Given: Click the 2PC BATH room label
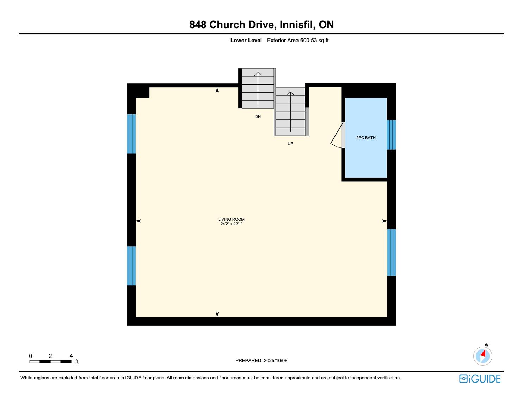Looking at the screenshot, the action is click(366, 138).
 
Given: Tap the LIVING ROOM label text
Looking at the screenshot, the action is click(231, 219).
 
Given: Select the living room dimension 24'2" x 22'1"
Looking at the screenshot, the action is click(231, 224).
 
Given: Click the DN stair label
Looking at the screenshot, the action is click(258, 117).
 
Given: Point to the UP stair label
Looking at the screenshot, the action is click(290, 144).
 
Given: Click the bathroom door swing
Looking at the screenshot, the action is click(337, 135).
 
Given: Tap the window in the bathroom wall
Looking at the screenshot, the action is click(391, 135).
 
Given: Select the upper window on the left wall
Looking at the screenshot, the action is click(131, 134).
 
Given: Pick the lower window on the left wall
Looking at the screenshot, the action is click(131, 266).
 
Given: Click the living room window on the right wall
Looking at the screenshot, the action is click(392, 253).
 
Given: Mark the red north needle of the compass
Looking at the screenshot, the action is click(483, 353).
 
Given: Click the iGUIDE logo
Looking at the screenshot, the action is click(480, 379).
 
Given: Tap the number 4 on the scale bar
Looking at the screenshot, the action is click(71, 356).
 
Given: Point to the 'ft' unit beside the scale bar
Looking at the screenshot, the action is click(77, 362).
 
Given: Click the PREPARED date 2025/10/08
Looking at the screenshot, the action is click(276, 360).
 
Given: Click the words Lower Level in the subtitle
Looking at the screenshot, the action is click(246, 41).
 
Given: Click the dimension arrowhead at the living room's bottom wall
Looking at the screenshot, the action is click(217, 315).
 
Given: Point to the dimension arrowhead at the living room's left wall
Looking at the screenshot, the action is click(139, 221).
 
